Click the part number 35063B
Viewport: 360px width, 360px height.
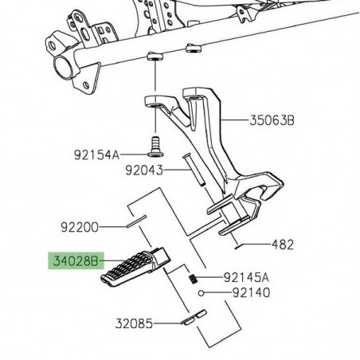point(273,121)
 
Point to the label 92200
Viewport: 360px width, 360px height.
point(98,227)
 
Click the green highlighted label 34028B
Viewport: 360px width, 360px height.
point(74,260)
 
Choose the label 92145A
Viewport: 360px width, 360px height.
point(246,278)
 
